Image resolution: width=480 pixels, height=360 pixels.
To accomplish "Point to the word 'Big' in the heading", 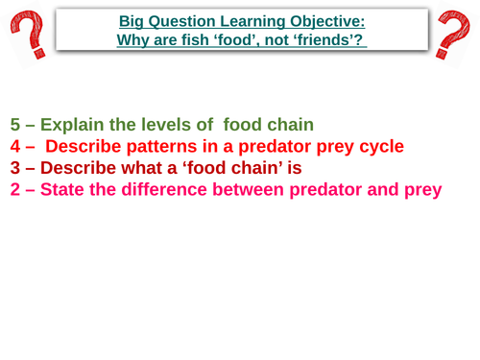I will coord(132,20).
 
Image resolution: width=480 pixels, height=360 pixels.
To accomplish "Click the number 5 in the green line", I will coord(15,125).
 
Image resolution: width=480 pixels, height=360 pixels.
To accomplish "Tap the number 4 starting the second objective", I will coord(15,147).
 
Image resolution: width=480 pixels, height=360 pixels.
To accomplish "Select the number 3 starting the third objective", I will coord(15,169).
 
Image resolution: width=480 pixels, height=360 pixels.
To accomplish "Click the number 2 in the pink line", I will coord(15,190).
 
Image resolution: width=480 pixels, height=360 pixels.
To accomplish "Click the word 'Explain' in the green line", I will coord(74,125).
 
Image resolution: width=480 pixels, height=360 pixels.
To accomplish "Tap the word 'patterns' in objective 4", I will coord(164,147).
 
